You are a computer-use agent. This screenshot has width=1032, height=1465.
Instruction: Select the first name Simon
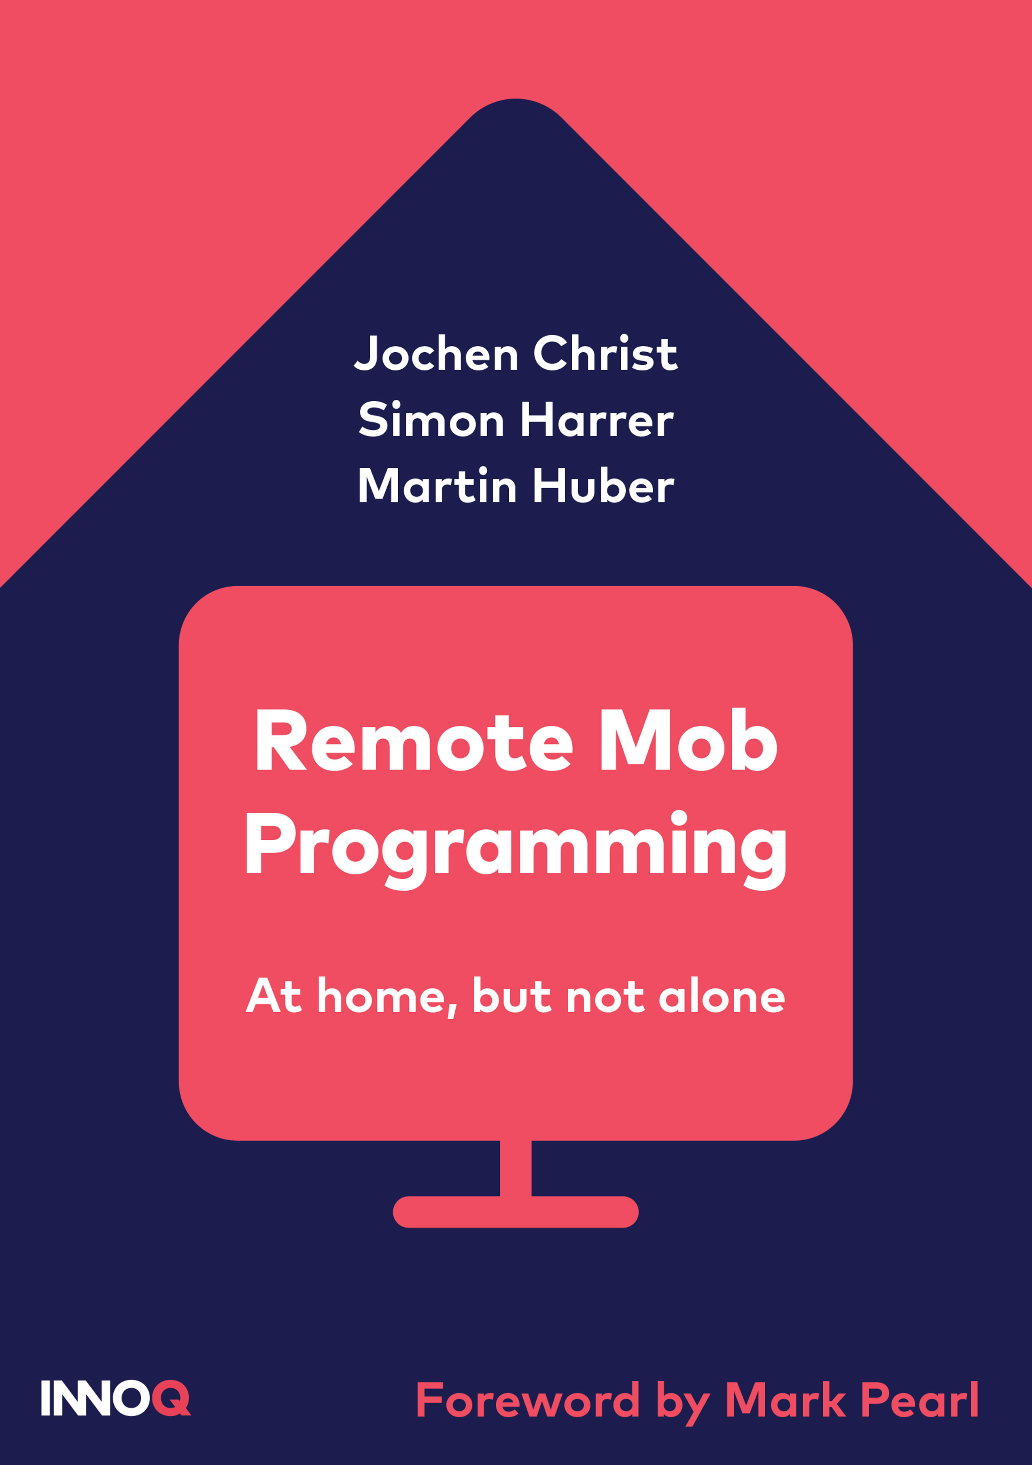[x=431, y=420]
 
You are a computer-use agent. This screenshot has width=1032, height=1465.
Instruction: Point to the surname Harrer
[x=597, y=420]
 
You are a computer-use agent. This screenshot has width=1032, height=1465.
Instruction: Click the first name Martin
[x=437, y=486]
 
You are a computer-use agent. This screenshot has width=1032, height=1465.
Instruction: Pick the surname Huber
[x=603, y=486]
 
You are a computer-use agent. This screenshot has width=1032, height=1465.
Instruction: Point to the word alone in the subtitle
[x=721, y=997]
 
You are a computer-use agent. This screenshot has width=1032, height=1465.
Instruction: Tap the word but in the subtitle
[x=512, y=997]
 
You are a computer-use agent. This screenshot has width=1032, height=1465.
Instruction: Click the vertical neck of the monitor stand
[x=515, y=1168]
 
